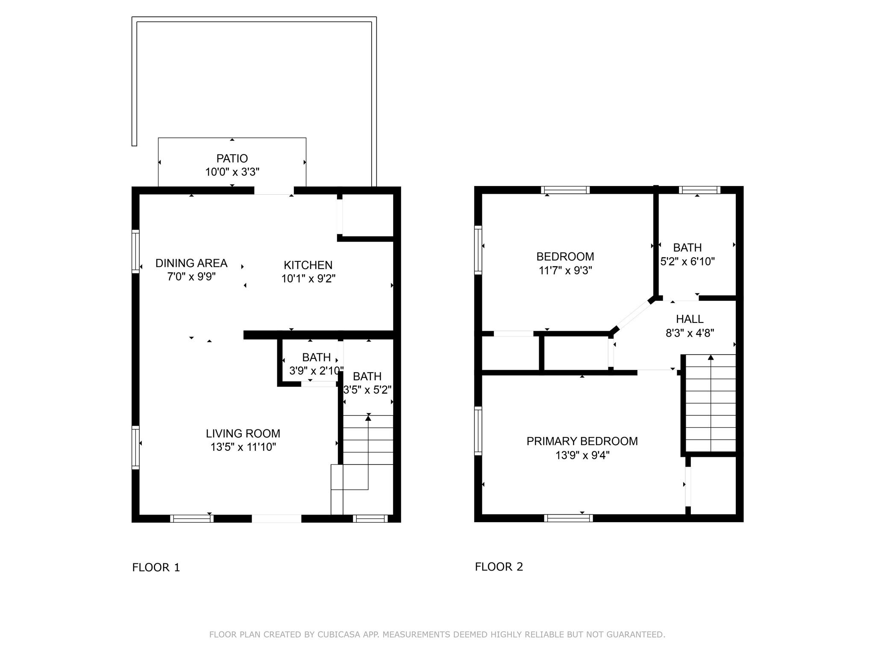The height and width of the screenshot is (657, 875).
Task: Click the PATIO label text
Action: [232, 158]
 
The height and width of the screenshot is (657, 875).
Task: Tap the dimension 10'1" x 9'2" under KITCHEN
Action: [308, 279]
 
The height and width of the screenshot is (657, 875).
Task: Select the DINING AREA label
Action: [191, 263]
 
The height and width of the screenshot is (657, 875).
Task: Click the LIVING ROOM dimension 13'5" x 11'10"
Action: [243, 447]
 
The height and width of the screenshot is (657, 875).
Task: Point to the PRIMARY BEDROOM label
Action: [582, 441]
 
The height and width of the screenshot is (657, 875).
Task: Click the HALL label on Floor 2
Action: [690, 319]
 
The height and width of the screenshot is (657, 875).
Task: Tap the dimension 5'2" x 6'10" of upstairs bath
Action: [687, 261]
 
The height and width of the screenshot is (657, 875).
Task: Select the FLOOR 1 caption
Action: [156, 568]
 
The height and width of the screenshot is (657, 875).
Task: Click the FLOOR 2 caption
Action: [499, 567]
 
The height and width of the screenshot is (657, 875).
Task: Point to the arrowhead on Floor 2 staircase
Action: [711, 358]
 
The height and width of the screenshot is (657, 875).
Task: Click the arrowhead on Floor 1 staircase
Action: [368, 418]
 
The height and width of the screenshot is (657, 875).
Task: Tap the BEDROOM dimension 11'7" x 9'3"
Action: [565, 271]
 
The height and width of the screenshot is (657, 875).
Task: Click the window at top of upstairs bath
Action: [699, 190]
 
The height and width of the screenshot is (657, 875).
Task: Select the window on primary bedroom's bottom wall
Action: [568, 518]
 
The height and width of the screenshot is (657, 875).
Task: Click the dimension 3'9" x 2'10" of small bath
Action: [316, 371]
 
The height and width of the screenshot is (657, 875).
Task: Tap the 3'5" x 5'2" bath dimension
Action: [367, 390]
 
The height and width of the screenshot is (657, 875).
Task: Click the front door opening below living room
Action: [276, 518]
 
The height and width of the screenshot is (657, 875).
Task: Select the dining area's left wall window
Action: [135, 251]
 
